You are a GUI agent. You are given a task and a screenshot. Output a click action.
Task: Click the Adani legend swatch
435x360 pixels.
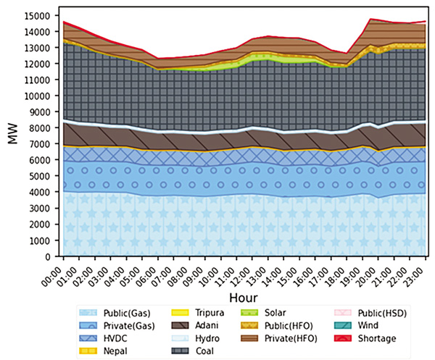pyautogui.click(x=179, y=325)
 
